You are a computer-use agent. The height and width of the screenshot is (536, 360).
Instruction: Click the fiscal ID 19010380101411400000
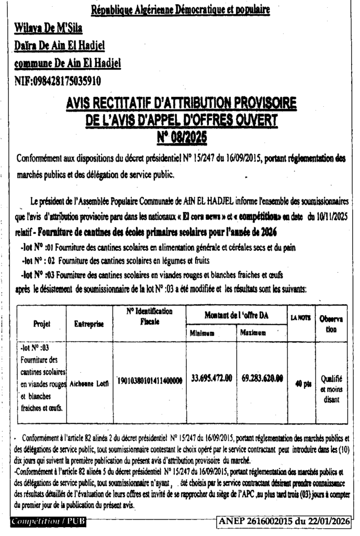149,382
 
